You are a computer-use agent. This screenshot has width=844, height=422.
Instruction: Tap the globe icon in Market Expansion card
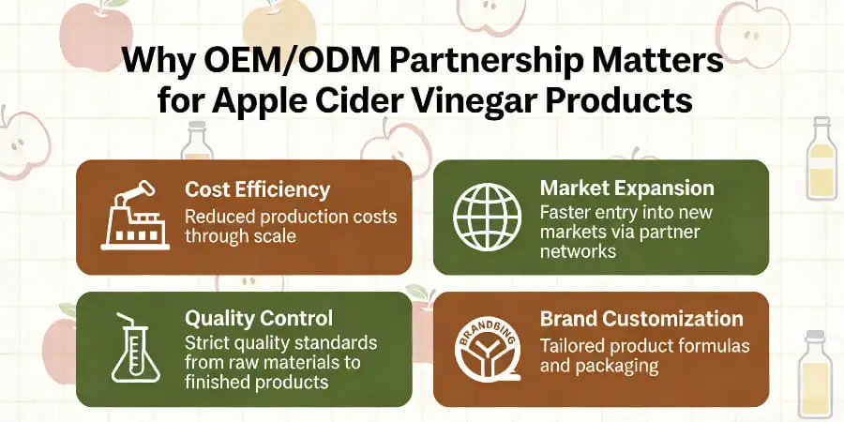pos(486,216)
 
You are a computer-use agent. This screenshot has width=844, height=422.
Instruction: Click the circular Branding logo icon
pos(486,348)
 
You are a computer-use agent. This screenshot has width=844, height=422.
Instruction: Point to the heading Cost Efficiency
pos(257,189)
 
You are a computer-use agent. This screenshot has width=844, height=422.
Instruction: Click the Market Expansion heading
pos(626,188)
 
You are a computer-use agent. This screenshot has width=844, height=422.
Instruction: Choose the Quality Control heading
pos(258,319)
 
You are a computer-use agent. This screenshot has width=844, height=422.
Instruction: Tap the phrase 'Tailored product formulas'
pos(644,346)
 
